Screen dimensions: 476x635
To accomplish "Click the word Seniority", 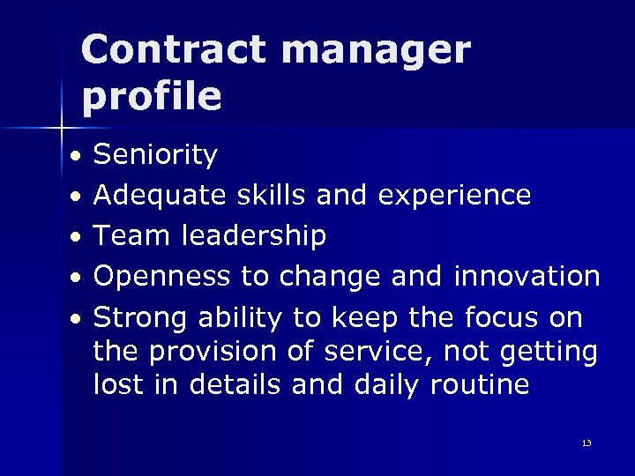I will point(155,156).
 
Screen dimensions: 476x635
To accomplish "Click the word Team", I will point(131,235).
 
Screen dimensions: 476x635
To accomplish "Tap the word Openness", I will point(163,277).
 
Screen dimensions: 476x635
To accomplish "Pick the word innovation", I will point(526,276).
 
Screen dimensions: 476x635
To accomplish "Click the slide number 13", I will point(586,443).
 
